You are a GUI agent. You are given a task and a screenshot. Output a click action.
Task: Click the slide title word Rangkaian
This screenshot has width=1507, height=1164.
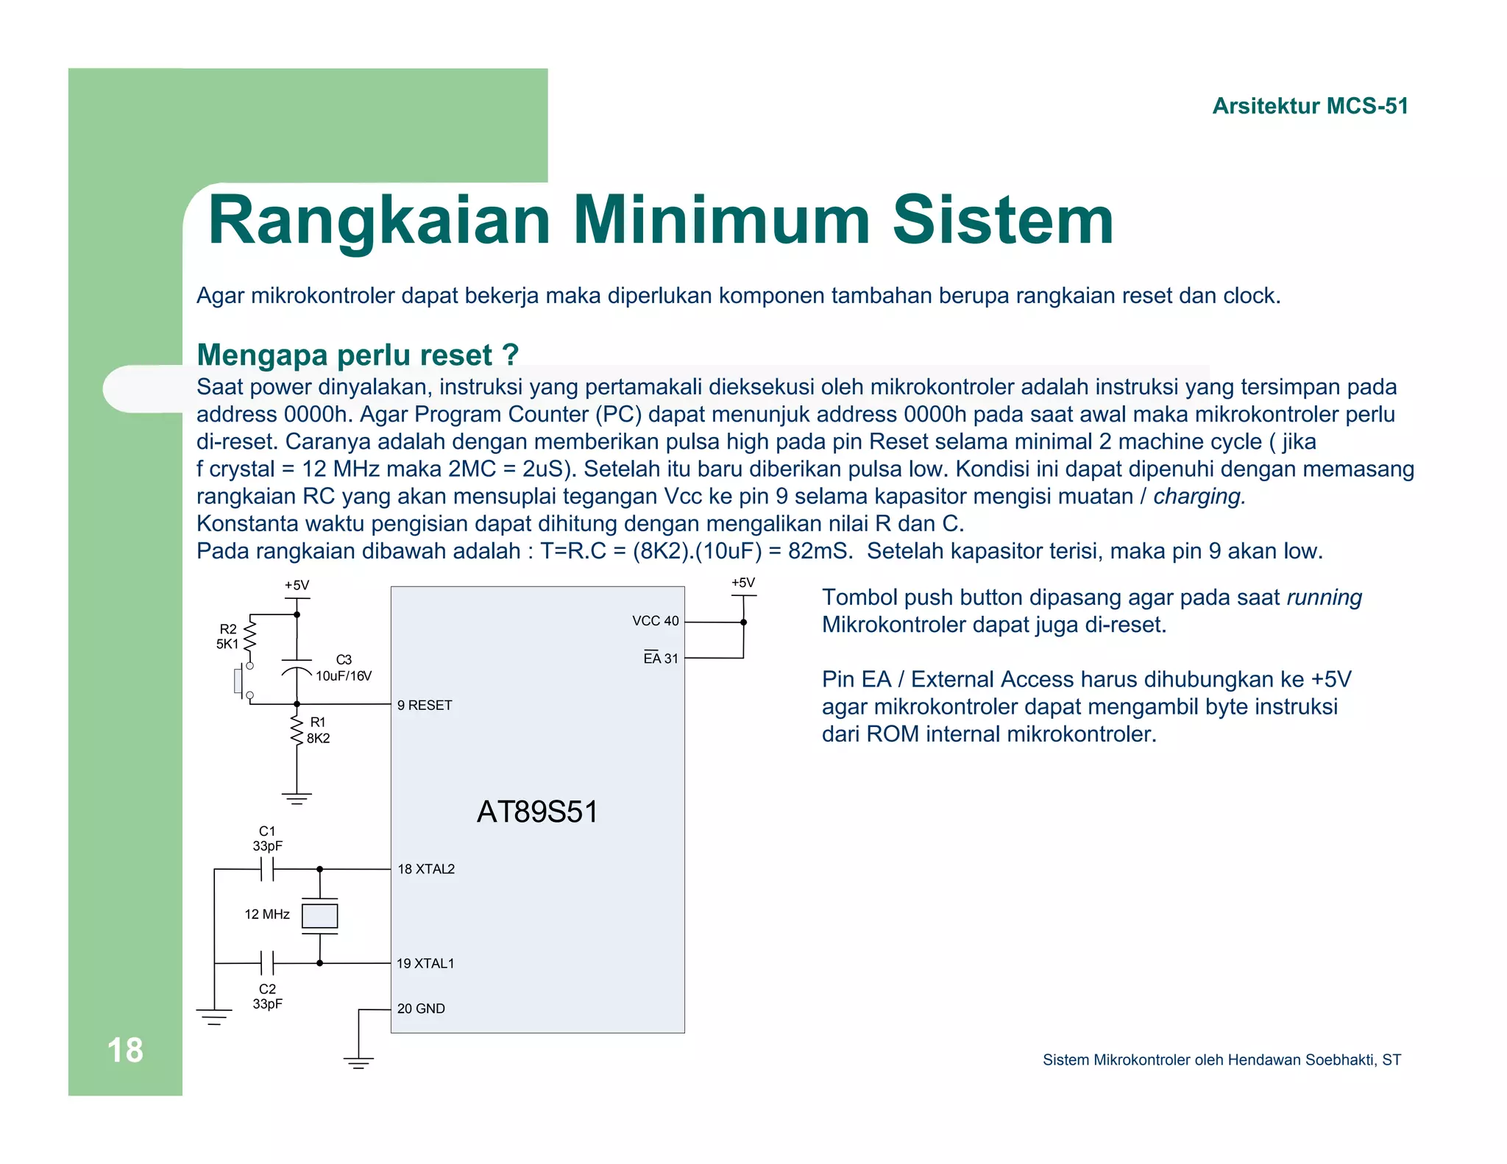tap(379, 221)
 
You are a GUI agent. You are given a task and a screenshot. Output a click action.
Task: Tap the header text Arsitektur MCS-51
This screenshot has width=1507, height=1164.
tap(1310, 106)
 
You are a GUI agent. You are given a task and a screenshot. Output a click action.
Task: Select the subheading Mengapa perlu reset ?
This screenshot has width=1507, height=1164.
tap(358, 355)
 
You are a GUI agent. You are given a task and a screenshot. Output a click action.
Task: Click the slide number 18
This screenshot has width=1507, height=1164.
tap(125, 1050)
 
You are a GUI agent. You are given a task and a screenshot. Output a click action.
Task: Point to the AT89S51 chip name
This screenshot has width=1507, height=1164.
tap(537, 812)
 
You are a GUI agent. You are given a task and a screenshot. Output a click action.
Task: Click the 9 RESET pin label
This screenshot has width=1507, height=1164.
tap(425, 705)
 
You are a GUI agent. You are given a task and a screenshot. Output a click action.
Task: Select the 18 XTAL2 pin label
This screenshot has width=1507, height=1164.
tap(426, 869)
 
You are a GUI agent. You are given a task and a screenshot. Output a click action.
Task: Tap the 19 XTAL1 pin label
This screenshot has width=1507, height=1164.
tap(425, 963)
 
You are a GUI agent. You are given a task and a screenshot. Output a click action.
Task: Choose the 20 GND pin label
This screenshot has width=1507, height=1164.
tap(421, 1009)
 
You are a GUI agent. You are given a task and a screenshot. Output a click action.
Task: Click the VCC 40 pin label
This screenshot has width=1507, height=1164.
tap(655, 621)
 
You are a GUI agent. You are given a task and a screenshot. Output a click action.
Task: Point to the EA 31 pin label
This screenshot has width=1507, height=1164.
tap(660, 659)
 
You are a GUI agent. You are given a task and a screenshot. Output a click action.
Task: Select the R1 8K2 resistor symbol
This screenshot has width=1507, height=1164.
tap(297, 731)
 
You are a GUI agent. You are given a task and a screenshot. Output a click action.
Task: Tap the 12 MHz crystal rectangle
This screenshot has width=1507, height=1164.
tap(320, 916)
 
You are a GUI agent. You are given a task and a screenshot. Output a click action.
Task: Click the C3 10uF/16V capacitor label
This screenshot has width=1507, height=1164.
tap(344, 668)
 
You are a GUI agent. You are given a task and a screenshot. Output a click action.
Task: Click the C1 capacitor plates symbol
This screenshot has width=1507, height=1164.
tap(267, 870)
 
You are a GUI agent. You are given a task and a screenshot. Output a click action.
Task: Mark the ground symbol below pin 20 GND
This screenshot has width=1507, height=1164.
tap(358, 1062)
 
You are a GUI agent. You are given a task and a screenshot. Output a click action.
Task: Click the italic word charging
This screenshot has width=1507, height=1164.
tap(1199, 497)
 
